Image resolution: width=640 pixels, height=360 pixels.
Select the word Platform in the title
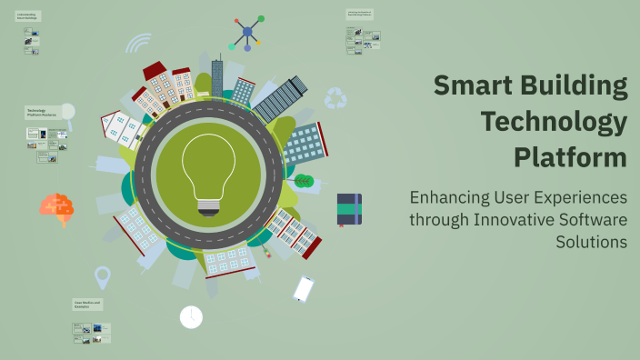[570, 156]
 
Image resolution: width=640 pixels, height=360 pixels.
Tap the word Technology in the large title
[554, 121]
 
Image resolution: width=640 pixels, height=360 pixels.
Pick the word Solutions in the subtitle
[591, 242]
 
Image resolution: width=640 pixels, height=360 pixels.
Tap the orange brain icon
[56, 206]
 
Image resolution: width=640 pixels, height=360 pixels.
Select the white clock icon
[191, 316]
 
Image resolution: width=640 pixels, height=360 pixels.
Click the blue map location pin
[102, 276]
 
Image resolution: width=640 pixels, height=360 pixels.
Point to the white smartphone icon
[303, 289]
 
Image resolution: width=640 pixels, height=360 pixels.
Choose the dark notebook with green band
[349, 209]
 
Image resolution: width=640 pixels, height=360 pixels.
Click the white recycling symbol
[336, 97]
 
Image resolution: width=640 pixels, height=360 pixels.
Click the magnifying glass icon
[67, 113]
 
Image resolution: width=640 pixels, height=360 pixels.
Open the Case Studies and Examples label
[88, 304]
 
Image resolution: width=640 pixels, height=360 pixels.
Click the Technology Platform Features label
[42, 112]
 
